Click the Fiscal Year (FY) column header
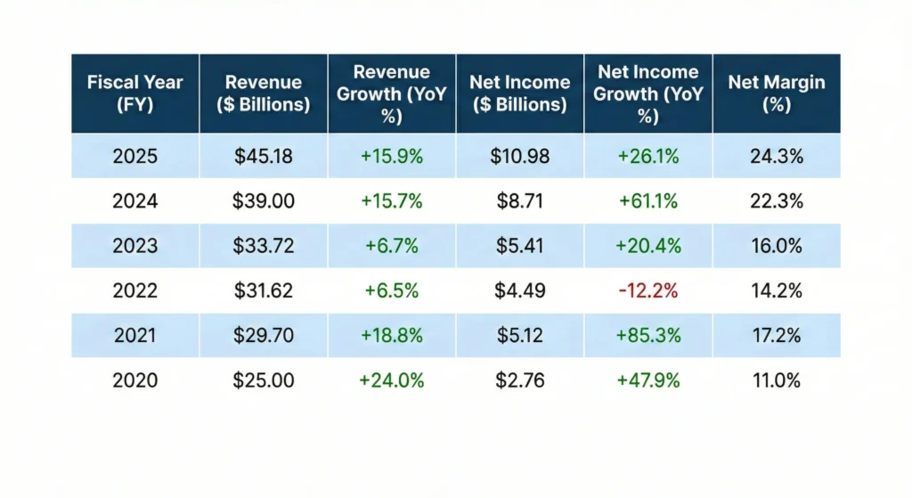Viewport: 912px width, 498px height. (x=134, y=93)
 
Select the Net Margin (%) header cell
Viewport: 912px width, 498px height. (x=776, y=93)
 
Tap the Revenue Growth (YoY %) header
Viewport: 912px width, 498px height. (x=392, y=93)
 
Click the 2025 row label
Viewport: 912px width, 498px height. (x=134, y=157)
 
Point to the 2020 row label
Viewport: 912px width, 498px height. (x=134, y=380)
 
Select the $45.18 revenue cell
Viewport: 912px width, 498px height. (x=264, y=157)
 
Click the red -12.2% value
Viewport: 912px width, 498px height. (x=648, y=290)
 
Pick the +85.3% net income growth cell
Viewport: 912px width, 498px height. (x=648, y=336)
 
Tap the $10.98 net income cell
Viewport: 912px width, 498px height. (x=520, y=157)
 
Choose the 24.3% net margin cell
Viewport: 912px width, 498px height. (x=777, y=157)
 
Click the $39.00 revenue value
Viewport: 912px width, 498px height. (x=264, y=201)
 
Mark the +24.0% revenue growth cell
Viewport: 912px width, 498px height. (x=392, y=380)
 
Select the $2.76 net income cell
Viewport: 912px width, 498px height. (x=520, y=380)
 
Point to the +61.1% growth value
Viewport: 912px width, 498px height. (x=648, y=201)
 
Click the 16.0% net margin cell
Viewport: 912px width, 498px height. (x=777, y=246)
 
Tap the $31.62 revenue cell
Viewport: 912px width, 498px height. (x=264, y=290)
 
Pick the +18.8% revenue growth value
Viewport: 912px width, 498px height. (x=392, y=336)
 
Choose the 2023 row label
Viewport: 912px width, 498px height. (x=134, y=246)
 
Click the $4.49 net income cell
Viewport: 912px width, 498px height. (x=520, y=290)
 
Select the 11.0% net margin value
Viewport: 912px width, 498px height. (x=777, y=380)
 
